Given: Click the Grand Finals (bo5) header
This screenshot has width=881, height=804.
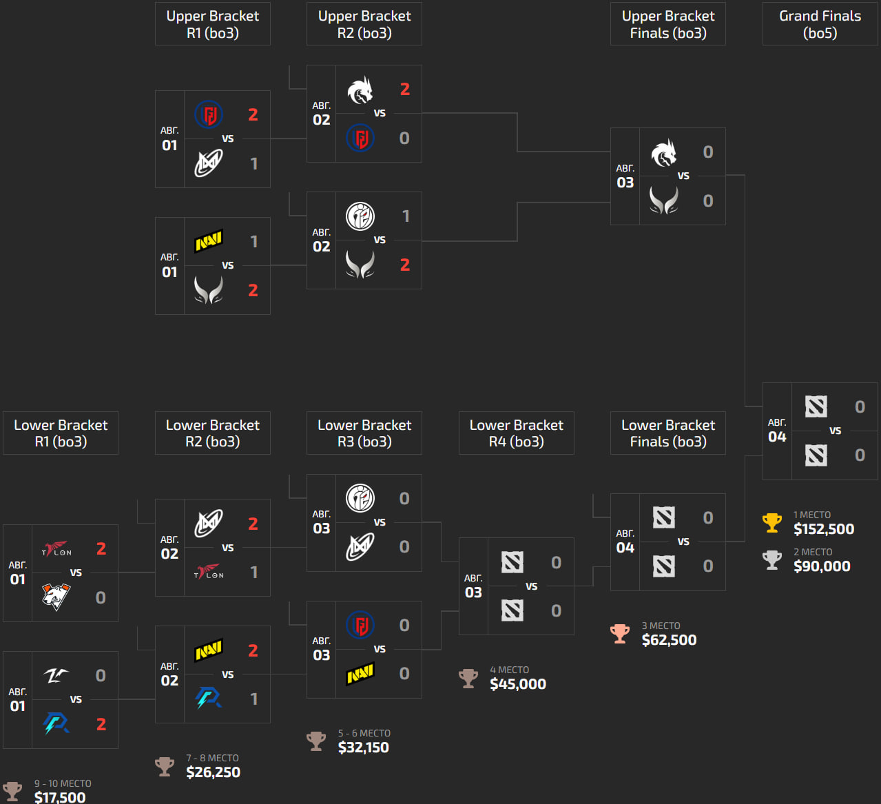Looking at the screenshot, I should [x=820, y=24].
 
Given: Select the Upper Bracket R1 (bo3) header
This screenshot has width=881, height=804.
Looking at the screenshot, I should [x=212, y=24].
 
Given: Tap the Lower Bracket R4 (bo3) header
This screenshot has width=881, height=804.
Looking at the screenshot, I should [x=516, y=433].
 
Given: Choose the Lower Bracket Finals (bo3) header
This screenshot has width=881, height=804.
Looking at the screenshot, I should [x=667, y=433].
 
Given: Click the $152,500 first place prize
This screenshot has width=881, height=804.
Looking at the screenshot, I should [x=823, y=529].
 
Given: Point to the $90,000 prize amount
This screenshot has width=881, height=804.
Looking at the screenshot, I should [x=822, y=566].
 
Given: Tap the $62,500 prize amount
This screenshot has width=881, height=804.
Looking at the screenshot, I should [x=669, y=640].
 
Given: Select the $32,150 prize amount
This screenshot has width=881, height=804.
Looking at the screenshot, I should [x=363, y=748].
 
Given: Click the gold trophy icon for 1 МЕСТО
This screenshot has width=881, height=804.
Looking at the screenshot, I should [x=772, y=523].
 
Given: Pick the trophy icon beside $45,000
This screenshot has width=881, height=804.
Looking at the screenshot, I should [x=468, y=678].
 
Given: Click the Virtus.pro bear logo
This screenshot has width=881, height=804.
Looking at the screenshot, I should [x=56, y=597].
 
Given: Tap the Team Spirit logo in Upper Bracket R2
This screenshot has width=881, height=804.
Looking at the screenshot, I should [x=360, y=90].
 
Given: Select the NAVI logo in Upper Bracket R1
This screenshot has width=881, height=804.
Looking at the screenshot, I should [x=209, y=241].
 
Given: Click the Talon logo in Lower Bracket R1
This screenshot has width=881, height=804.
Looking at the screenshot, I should [x=56, y=549].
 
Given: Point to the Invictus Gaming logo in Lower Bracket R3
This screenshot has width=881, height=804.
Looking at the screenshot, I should [x=360, y=498].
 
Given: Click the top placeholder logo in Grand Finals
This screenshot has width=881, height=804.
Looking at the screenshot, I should [x=816, y=406].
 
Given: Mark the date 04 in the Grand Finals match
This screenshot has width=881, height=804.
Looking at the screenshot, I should [x=777, y=437].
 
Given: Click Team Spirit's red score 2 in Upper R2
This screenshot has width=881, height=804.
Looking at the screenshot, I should [x=405, y=90].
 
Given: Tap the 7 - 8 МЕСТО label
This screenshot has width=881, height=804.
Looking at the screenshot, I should [x=212, y=758].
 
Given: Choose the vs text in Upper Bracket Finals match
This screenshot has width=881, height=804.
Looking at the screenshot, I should [x=683, y=176].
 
